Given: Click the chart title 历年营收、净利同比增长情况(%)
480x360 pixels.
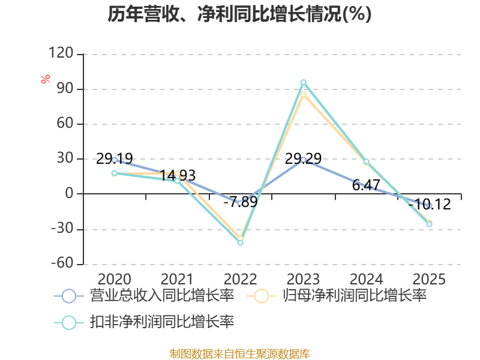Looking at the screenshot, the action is [239, 14].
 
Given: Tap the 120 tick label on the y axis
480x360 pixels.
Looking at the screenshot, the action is [61, 53].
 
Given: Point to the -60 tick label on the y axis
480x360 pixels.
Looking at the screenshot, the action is [62, 263].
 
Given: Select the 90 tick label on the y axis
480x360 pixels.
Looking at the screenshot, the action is [65, 88].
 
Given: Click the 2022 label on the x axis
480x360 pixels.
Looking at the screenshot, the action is [241, 279].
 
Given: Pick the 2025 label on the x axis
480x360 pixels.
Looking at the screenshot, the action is [429, 279].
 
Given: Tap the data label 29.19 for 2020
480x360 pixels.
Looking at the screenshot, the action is [115, 158].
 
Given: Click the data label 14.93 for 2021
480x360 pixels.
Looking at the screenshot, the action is [178, 175].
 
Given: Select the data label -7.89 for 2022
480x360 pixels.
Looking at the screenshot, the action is [241, 202].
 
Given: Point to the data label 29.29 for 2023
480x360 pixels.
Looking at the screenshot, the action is [304, 158].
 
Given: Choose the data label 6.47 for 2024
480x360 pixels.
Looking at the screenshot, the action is [366, 185].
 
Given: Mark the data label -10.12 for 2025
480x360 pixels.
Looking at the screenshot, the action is [430, 204].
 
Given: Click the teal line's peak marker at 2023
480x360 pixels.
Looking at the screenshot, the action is [304, 82].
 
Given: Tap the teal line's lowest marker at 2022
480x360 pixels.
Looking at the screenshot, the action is [241, 242].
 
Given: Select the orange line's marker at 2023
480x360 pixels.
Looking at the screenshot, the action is [304, 94].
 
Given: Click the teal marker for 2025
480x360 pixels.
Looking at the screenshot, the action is [429, 224].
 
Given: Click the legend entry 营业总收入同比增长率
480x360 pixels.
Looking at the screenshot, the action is [144, 296].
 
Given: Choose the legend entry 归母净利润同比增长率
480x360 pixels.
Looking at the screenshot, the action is [337, 296].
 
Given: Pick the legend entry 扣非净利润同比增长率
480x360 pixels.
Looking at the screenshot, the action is [144, 322].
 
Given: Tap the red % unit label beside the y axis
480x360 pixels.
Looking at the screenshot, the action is [46, 79].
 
